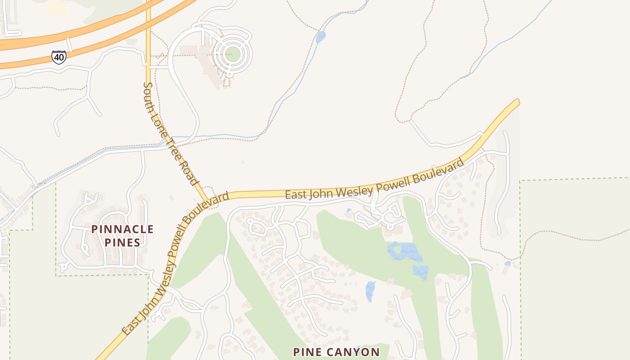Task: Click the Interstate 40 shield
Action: (x=58, y=57)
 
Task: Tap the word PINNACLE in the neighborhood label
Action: (x=122, y=229)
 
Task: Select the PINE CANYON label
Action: (x=336, y=352)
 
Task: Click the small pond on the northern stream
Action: (x=320, y=37)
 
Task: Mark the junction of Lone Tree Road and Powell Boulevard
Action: (x=208, y=202)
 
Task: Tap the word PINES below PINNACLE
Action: (x=122, y=243)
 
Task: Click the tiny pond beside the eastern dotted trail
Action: (x=508, y=263)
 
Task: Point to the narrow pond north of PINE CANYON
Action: (x=370, y=291)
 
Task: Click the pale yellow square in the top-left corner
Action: (x=57, y=9)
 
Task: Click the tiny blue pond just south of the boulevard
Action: (x=349, y=210)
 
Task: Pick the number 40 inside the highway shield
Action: (x=58, y=57)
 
